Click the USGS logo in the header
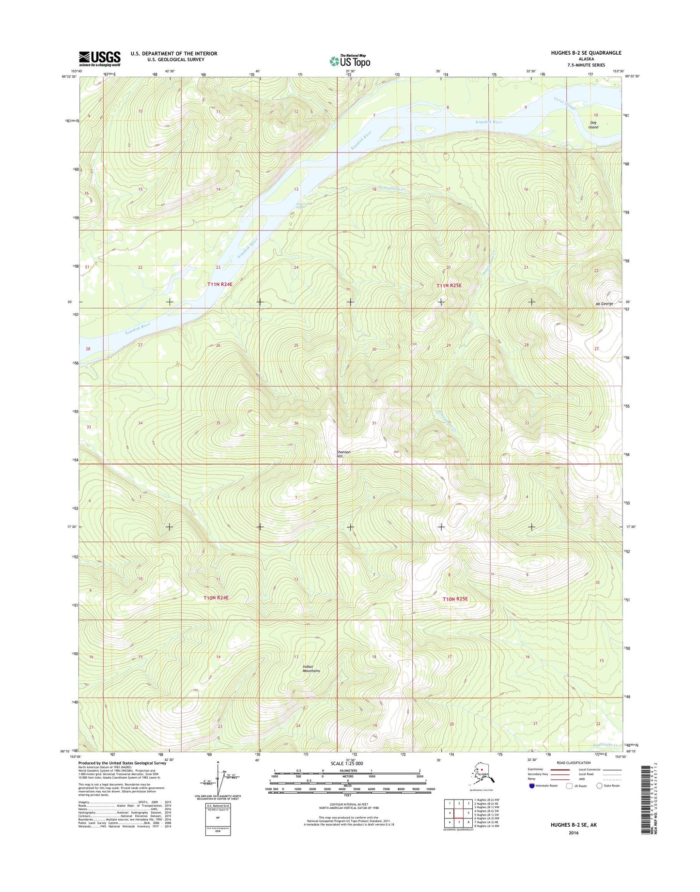click(x=99, y=59)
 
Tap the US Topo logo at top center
click(x=350, y=61)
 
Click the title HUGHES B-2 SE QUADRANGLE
click(x=586, y=53)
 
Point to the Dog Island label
click(x=593, y=125)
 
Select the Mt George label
click(x=604, y=304)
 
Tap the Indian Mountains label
click(x=311, y=669)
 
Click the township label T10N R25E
click(x=455, y=599)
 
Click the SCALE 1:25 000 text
click(x=346, y=764)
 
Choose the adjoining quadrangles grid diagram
click(x=459, y=813)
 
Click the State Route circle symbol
click(x=599, y=785)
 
